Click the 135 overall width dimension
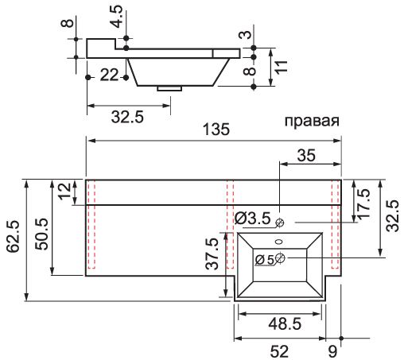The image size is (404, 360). [216, 130]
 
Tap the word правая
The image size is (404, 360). [312, 121]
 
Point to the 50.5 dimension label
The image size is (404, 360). [42, 234]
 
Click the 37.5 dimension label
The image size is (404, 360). [212, 254]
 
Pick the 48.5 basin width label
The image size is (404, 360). [285, 323]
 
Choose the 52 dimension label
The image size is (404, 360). [279, 352]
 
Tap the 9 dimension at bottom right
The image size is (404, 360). [332, 352]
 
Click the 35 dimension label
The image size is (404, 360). [306, 156]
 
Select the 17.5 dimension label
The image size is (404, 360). [364, 203]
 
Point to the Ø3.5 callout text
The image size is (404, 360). [253, 219]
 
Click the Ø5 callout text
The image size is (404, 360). [264, 260]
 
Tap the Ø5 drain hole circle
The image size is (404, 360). [280, 257]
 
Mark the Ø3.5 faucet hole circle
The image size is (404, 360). [280, 223]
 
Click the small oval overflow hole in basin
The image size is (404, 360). [279, 242]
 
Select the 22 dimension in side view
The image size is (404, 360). [110, 75]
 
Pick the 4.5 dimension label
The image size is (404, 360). [117, 16]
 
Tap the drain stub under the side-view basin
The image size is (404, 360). [169, 88]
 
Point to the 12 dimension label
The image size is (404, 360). [64, 192]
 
